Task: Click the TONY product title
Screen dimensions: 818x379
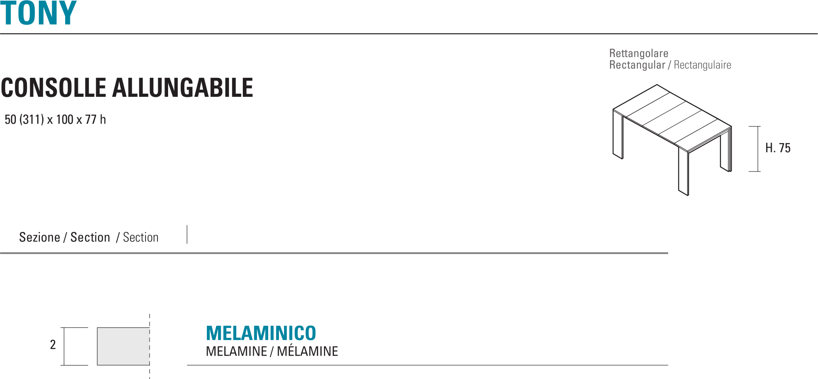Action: (x=38, y=13)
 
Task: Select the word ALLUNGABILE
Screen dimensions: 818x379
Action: (x=183, y=88)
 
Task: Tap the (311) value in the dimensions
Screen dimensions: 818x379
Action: (x=31, y=119)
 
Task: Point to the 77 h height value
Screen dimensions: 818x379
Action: (x=95, y=119)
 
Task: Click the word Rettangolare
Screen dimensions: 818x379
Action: (x=638, y=53)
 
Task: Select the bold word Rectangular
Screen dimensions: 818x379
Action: (x=637, y=65)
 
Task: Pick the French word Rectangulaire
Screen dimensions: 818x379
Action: (x=702, y=65)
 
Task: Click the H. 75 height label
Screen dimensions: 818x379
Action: (x=778, y=148)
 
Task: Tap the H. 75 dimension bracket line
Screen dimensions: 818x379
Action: (x=757, y=149)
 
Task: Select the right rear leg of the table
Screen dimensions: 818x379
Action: (x=725, y=150)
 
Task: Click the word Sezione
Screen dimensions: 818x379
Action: (x=40, y=237)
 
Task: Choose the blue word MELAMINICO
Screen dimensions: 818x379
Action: (x=261, y=333)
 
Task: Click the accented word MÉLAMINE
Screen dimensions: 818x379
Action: (x=307, y=351)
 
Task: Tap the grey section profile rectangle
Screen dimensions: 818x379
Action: (x=123, y=346)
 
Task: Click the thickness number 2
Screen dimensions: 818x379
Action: (x=53, y=345)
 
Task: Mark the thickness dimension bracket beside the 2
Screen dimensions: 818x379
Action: (x=64, y=346)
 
